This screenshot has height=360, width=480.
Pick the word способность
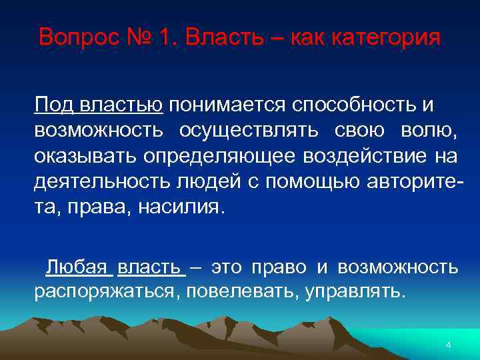pyautogui.click(x=354, y=105)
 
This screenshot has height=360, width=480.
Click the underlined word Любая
pyautogui.click(x=77, y=267)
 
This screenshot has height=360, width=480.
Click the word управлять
pyautogui.click(x=354, y=292)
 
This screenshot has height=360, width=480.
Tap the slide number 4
pyautogui.click(x=448, y=345)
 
